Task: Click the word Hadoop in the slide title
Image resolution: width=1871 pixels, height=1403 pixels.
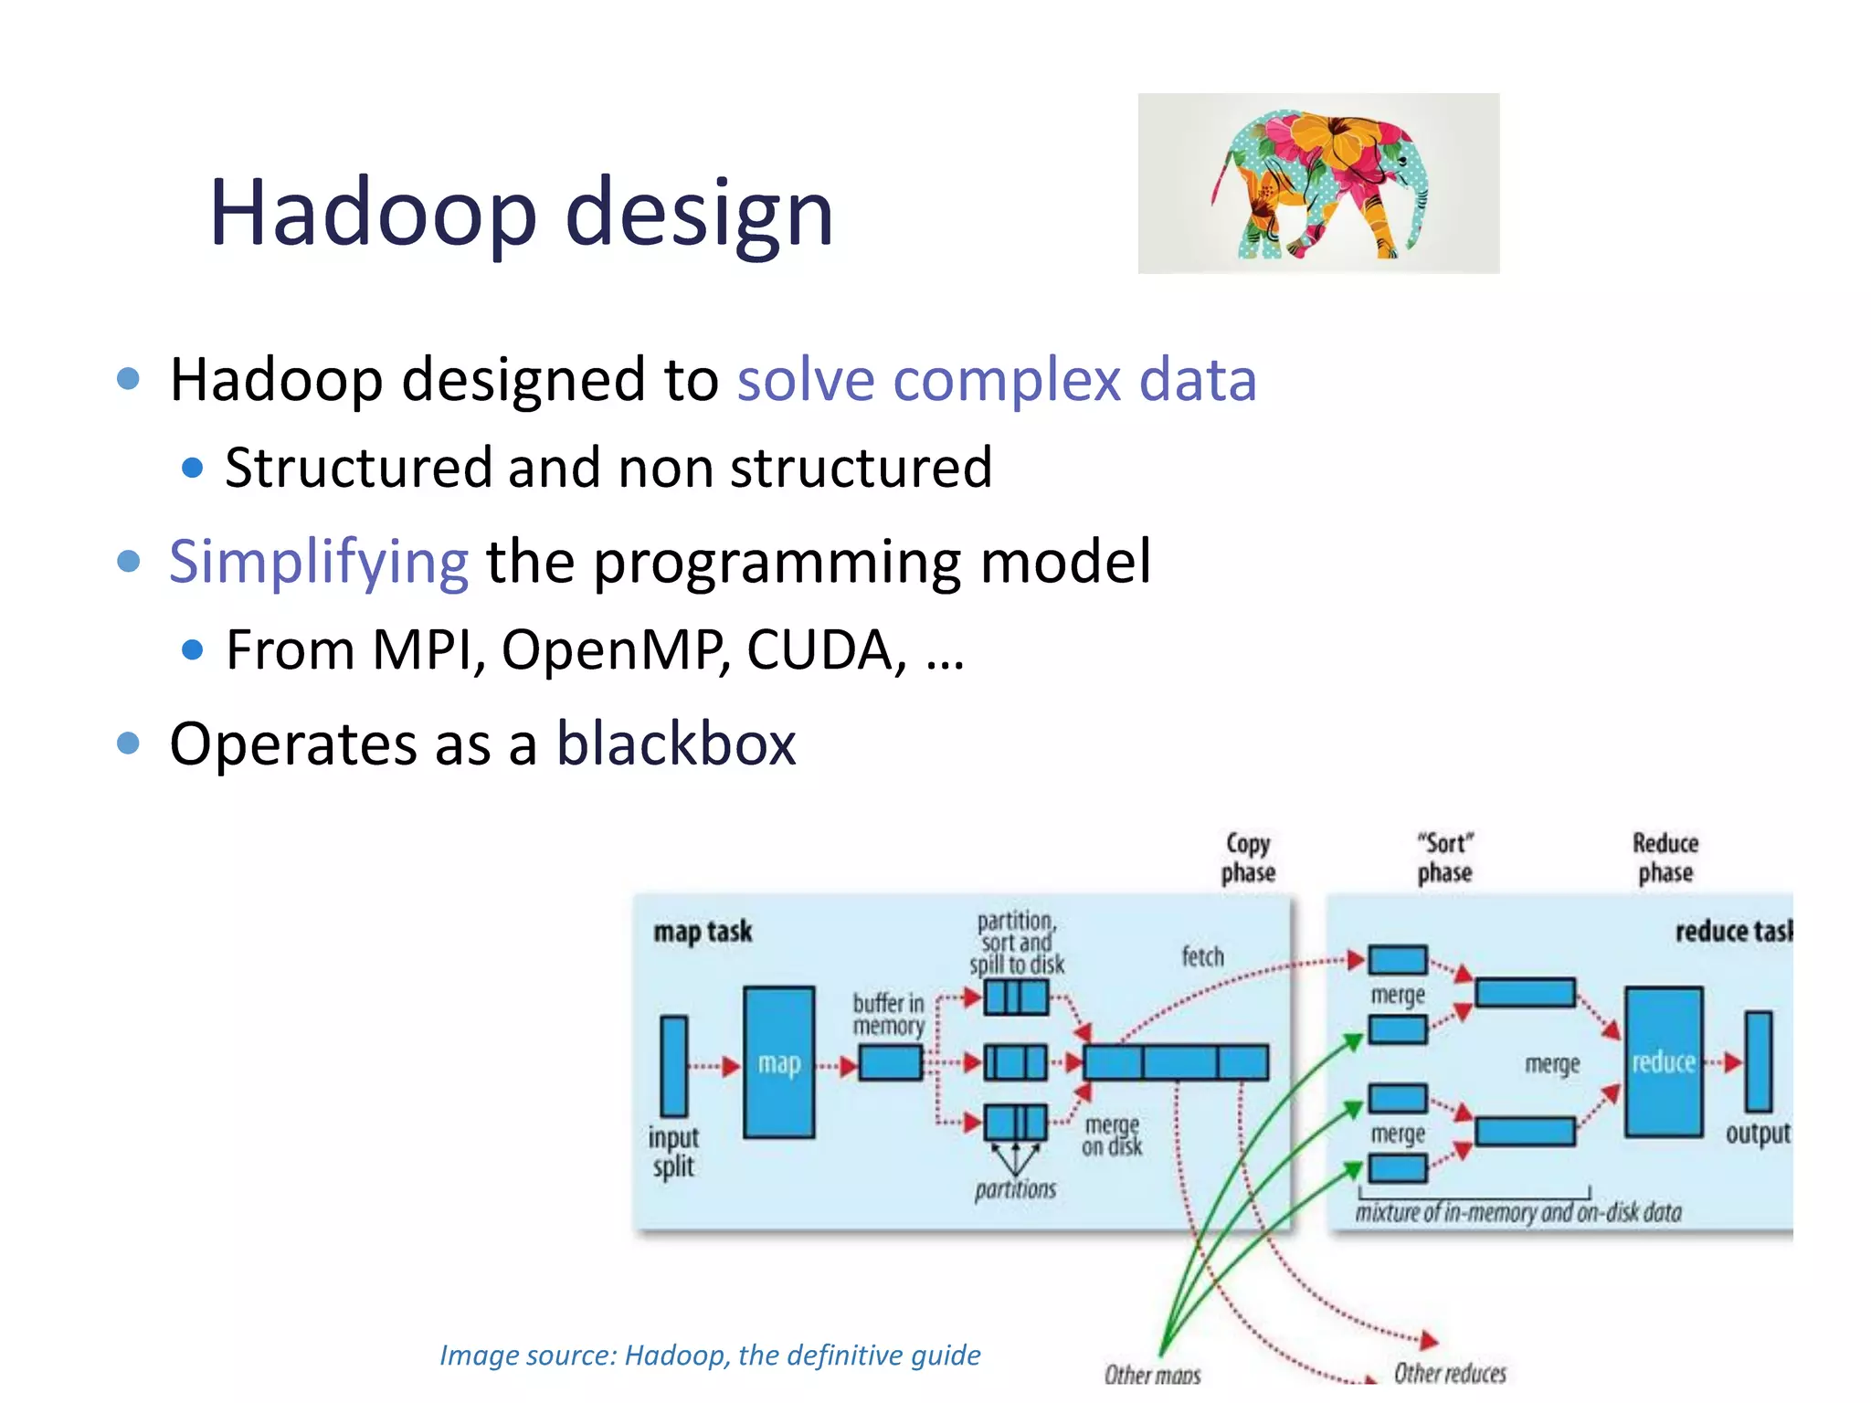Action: [373, 213]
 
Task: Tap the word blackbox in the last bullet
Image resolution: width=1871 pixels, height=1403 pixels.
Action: [676, 744]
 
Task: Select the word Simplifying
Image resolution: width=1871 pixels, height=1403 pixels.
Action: [319, 561]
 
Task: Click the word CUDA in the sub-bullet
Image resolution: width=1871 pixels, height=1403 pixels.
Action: [819, 650]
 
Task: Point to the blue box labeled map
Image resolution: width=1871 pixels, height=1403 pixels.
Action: [778, 1062]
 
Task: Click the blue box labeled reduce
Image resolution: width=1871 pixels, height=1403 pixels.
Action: [1663, 1062]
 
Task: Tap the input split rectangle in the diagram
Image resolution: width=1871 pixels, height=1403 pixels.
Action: [674, 1066]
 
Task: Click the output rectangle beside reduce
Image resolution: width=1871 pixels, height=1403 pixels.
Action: [1758, 1061]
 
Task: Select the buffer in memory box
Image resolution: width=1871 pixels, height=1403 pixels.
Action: [890, 1063]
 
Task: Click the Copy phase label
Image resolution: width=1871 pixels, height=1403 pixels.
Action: [1248, 858]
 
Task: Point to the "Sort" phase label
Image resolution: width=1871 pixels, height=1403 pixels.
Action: [1444, 858]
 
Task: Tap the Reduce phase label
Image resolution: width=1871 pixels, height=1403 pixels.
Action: [1665, 858]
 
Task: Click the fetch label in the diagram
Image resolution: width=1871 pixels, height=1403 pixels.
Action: [1202, 956]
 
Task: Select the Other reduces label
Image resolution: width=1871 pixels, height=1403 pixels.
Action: [1450, 1373]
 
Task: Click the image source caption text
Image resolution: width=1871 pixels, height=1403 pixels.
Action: [710, 1355]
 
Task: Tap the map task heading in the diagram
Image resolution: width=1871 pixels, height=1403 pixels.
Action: [703, 932]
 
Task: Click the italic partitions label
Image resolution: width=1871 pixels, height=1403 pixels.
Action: [1015, 1189]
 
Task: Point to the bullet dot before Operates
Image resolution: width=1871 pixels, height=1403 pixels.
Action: [129, 744]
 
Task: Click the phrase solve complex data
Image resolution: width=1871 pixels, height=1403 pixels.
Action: [997, 379]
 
